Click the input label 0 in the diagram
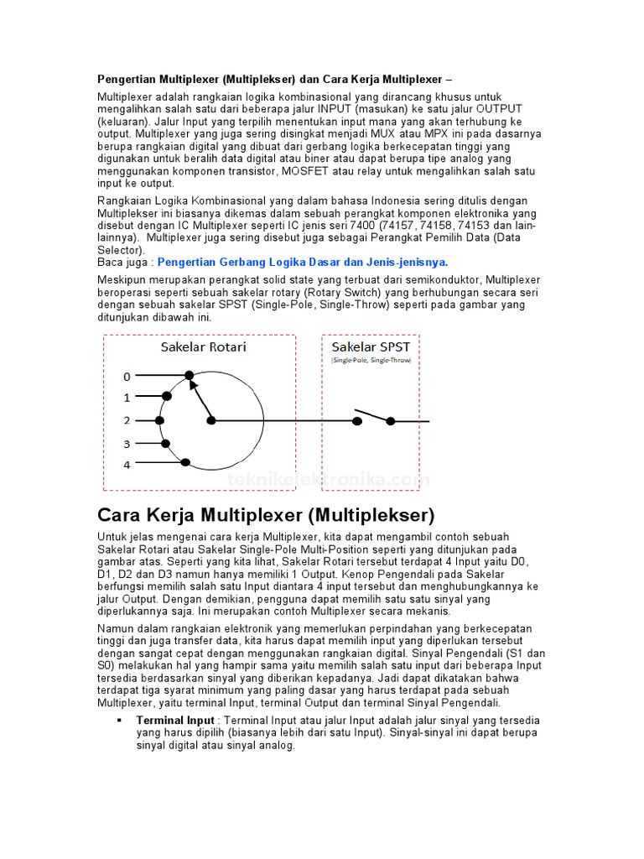(x=127, y=376)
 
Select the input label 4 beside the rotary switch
(x=127, y=464)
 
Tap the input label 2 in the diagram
(x=127, y=420)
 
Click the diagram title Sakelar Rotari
(x=203, y=346)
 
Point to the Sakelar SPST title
(x=371, y=346)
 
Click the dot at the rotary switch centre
(x=211, y=420)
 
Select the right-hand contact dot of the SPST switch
(x=390, y=420)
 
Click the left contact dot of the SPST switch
(x=357, y=420)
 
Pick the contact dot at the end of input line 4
(x=185, y=462)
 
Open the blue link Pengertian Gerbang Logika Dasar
(x=303, y=262)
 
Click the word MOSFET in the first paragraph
(x=311, y=171)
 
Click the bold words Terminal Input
(x=175, y=721)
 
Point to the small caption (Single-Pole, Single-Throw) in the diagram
(x=371, y=360)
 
